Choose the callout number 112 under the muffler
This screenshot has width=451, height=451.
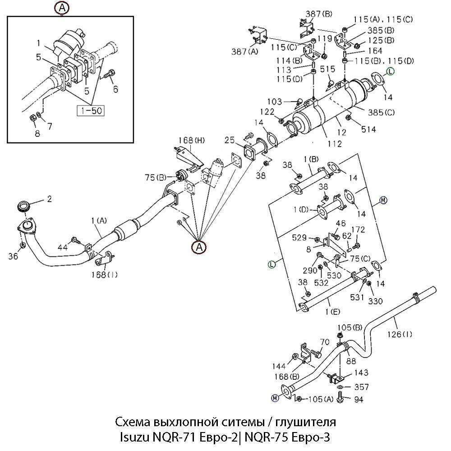(335, 144)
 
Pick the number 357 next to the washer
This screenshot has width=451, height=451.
(361, 387)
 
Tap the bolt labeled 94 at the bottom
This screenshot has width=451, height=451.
(341, 398)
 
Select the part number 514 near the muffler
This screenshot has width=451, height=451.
(368, 129)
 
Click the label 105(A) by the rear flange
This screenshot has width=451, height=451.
(321, 399)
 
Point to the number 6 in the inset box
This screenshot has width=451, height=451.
(115, 89)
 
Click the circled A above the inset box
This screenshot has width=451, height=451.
(62, 7)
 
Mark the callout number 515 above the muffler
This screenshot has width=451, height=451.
(327, 69)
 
